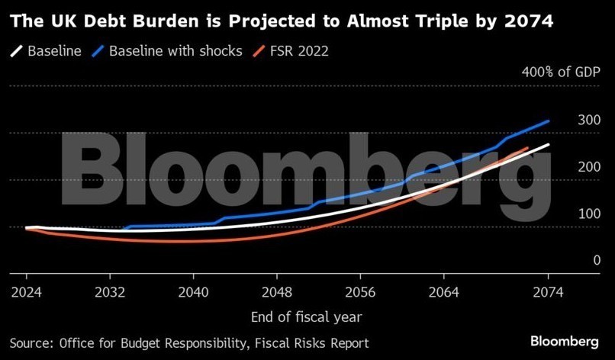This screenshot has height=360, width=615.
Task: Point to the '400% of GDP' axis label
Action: (x=562, y=73)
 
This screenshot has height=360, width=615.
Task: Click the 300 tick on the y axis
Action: (x=568, y=121)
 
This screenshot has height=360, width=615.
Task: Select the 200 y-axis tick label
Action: (x=568, y=167)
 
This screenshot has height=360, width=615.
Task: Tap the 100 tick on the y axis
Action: (x=568, y=214)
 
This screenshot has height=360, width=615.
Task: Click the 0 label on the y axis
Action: (x=575, y=260)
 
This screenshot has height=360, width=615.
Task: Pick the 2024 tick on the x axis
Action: (x=26, y=291)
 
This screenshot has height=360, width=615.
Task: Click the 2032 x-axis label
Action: (x=110, y=291)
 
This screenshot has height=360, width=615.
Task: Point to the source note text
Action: (x=190, y=343)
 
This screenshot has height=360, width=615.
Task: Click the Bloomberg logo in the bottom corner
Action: (x=564, y=341)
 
